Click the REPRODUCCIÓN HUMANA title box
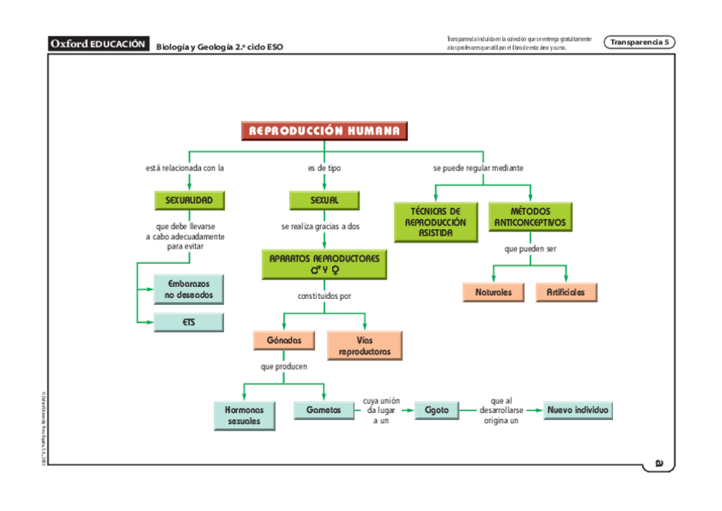click(x=324, y=130)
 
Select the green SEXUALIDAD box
click(x=189, y=200)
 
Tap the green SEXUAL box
click(x=324, y=200)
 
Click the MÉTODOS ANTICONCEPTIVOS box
click(x=530, y=216)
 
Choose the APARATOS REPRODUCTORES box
click(x=324, y=264)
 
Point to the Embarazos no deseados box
click(x=189, y=289)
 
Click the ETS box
click(x=189, y=323)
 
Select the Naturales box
click(x=494, y=292)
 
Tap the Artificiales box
click(x=566, y=292)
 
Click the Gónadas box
click(x=284, y=341)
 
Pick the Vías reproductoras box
click(x=364, y=345)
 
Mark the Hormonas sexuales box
click(x=244, y=415)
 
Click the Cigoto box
click(x=437, y=410)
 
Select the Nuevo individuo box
click(x=578, y=410)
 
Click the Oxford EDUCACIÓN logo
click(x=99, y=43)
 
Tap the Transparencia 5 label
click(x=640, y=42)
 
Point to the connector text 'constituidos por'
click(x=324, y=296)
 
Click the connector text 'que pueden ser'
click(x=530, y=249)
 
